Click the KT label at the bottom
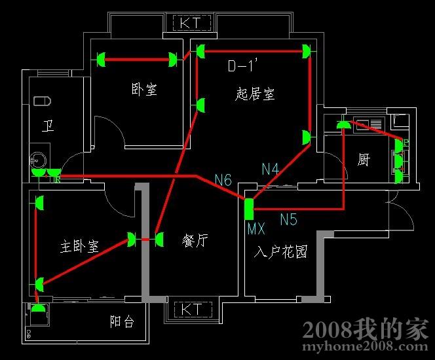pyautogui.click(x=191, y=308)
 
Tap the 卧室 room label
pyautogui.click(x=144, y=90)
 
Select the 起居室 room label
pyautogui.click(x=255, y=94)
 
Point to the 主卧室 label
pyautogui.click(x=79, y=247)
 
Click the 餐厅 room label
pyautogui.click(x=195, y=241)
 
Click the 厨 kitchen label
pyautogui.click(x=364, y=160)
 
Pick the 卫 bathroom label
pyautogui.click(x=48, y=126)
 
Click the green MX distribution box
pyautogui.click(x=249, y=208)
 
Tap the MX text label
pyautogui.click(x=256, y=229)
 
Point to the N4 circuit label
pyautogui.click(x=270, y=169)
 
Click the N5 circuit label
pyautogui.click(x=289, y=218)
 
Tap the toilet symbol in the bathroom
pyautogui.click(x=42, y=101)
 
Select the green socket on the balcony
pyautogui.click(x=39, y=308)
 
